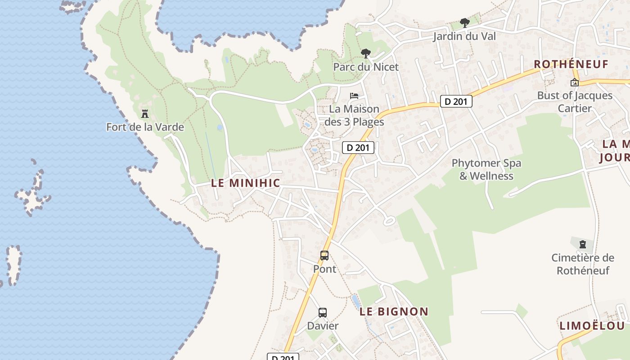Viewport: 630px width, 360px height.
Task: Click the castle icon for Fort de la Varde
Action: pos(145,114)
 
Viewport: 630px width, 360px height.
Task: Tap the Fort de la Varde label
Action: pos(145,127)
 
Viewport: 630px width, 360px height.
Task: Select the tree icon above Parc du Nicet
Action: pos(366,54)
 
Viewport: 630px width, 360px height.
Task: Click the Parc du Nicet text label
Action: pos(366,67)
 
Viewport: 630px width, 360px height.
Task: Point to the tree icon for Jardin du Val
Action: pos(464,23)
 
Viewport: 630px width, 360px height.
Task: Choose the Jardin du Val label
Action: pos(464,36)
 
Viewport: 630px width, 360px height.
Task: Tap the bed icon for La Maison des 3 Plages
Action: pos(354,96)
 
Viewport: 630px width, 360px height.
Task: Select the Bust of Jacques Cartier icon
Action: pos(574,82)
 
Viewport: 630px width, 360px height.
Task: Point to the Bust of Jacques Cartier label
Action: pos(575,102)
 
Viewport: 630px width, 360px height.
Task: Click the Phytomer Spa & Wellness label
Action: pos(486,169)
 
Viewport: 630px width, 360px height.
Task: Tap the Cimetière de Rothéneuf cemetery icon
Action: pos(583,245)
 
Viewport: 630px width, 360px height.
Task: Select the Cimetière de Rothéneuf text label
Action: pos(583,264)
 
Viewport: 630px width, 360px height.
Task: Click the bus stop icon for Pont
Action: pos(324,256)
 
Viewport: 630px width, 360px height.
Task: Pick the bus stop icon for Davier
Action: pos(323,313)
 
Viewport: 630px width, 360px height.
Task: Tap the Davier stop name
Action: pos(323,325)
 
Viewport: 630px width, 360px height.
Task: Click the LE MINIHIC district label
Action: pos(246,183)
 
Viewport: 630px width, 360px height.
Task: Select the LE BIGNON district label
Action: pos(394,311)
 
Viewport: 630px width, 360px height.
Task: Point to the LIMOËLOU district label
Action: pos(592,326)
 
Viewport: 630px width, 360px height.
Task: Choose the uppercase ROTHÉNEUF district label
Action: pos(571,64)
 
